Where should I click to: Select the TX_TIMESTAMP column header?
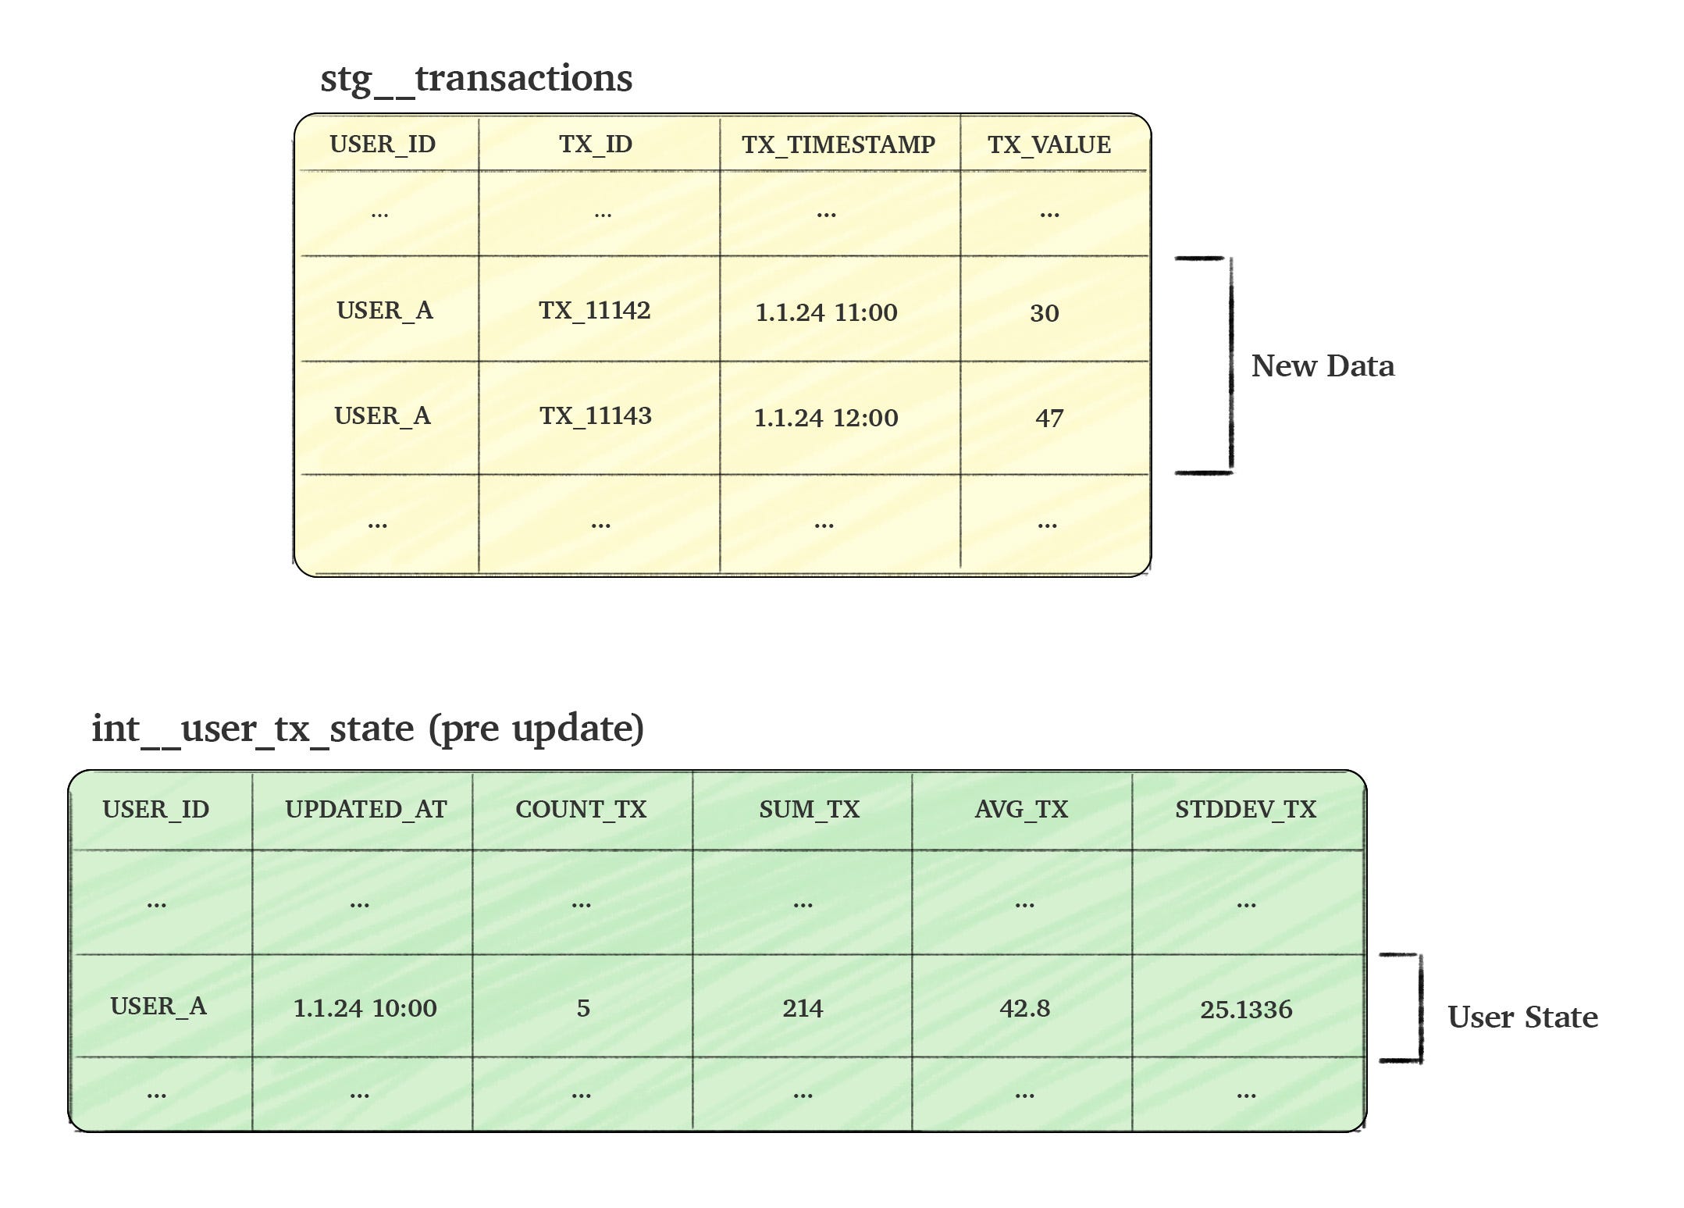tap(838, 144)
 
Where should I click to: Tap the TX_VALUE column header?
tap(1049, 144)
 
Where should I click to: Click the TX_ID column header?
tap(596, 144)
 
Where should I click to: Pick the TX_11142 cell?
tap(595, 311)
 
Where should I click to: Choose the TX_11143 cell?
tap(596, 416)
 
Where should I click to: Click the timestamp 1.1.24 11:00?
tap(827, 312)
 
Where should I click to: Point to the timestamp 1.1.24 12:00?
tap(826, 418)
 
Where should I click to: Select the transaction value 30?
tap(1045, 313)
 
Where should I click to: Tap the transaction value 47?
tap(1049, 419)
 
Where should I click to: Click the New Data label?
tap(1323, 365)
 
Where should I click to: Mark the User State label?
tap(1522, 1017)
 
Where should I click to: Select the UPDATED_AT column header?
tap(366, 810)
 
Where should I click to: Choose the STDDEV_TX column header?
tap(1246, 810)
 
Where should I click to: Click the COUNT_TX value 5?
tap(583, 1008)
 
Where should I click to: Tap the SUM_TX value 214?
tap(803, 1008)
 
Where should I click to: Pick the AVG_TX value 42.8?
tap(1024, 1008)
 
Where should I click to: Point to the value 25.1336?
tap(1246, 1010)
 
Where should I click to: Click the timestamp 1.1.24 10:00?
tap(365, 1008)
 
